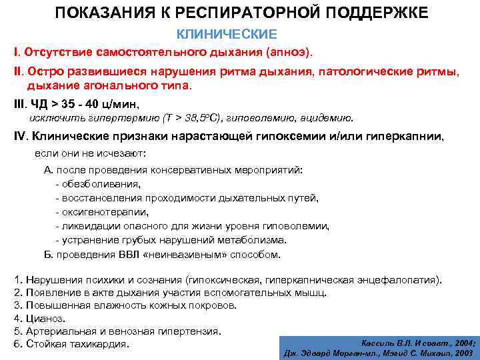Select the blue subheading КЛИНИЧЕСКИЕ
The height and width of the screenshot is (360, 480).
(225, 33)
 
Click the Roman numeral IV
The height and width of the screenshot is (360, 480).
(20, 136)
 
